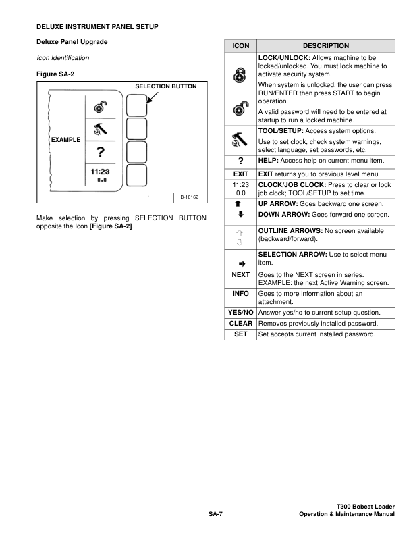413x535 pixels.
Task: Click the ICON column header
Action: coord(240,46)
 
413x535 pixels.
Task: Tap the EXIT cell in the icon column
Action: coord(240,174)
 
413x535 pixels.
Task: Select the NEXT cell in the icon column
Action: coord(240,276)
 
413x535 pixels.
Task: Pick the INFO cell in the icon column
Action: coord(240,295)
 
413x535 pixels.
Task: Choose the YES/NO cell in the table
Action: coord(240,313)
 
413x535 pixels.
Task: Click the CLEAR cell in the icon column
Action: coord(240,324)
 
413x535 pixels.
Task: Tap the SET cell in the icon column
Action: coord(240,334)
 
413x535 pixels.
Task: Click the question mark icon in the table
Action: coord(240,161)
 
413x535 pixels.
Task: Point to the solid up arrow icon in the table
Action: coord(240,203)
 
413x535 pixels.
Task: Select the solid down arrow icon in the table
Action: coord(240,215)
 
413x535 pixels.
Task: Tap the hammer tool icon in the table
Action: coord(240,140)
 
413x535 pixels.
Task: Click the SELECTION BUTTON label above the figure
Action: coord(166,87)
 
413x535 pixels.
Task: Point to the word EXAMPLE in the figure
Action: coord(65,140)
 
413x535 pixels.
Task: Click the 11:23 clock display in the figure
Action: coord(101,172)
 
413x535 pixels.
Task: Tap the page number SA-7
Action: coord(215,515)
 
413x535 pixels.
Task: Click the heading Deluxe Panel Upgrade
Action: coord(72,43)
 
